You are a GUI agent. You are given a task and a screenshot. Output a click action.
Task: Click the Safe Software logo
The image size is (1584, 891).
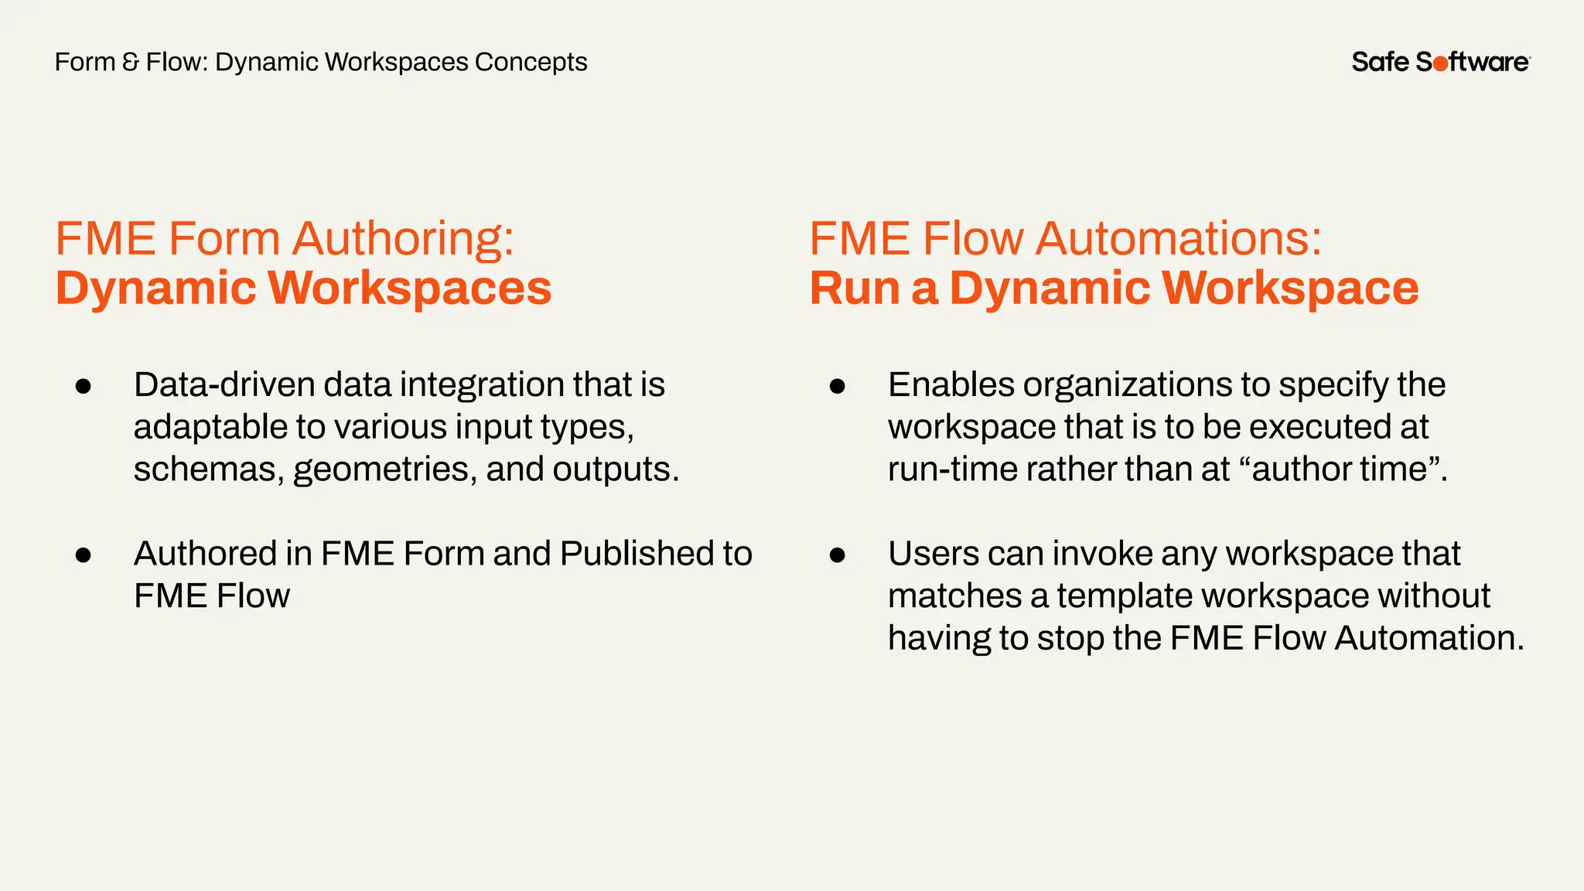1440,62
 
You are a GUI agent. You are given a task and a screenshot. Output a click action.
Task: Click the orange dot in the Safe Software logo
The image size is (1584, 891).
1441,63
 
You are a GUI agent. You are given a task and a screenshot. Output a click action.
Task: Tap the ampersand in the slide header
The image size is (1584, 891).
131,62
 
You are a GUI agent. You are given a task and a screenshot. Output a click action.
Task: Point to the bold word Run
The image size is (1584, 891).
854,288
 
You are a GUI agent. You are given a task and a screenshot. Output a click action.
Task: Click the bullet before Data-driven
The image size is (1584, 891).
84,387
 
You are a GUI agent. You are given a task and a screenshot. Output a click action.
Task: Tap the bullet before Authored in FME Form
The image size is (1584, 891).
84,555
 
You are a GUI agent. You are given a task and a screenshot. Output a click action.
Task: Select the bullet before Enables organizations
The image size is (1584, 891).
837,387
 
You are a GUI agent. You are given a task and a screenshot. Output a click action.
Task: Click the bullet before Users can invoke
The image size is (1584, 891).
837,555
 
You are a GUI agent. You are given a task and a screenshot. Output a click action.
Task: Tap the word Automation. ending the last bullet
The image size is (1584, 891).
1429,638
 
